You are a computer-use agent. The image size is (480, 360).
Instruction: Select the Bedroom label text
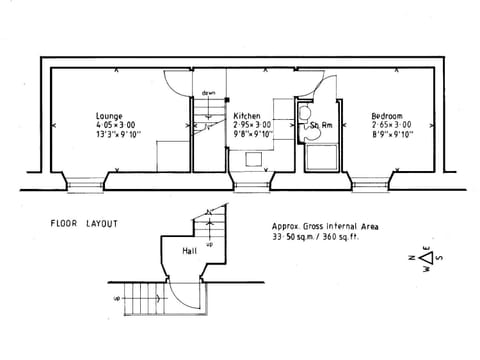(x=387, y=115)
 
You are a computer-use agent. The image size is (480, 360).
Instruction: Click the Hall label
(x=189, y=251)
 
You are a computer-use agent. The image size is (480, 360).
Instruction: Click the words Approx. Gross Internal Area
(x=325, y=227)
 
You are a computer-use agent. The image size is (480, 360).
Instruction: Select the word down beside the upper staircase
(x=208, y=93)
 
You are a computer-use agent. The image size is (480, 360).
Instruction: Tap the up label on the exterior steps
(x=117, y=298)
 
